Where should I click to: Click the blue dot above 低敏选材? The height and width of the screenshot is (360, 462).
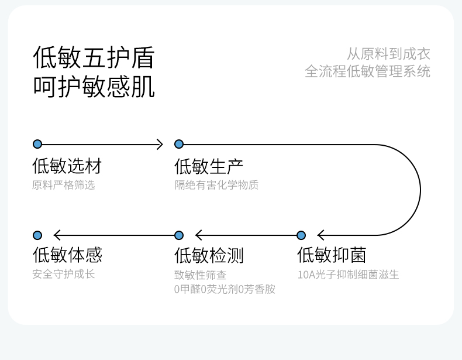click(37, 144)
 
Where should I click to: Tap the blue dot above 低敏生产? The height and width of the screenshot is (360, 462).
click(179, 144)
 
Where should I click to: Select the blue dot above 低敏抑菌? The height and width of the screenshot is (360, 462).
click(301, 235)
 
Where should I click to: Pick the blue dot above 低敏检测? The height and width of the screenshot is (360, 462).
click(179, 235)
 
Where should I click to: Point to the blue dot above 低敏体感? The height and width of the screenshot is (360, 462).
click(37, 235)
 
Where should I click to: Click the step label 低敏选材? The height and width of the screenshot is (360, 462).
click(67, 166)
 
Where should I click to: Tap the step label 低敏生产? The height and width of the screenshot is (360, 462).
click(209, 166)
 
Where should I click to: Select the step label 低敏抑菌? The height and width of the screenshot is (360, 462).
click(332, 255)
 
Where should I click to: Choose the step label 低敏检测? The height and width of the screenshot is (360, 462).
click(209, 255)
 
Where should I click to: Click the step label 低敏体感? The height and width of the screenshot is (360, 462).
click(67, 255)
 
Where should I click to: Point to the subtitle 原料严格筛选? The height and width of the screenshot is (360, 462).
click(64, 185)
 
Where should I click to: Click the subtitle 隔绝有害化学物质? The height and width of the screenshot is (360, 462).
click(216, 185)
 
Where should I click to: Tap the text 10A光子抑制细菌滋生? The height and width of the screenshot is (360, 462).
click(349, 275)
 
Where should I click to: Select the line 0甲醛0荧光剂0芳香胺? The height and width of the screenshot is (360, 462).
click(225, 289)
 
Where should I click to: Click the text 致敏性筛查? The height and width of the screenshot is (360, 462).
click(201, 275)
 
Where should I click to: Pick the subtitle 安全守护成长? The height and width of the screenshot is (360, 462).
click(64, 274)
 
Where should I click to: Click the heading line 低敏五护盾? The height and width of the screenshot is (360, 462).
click(94, 57)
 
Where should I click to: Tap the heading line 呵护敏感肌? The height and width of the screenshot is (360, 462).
click(94, 87)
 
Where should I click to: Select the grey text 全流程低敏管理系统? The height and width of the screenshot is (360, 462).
click(367, 71)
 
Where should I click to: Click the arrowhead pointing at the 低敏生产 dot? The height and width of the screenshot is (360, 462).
click(160, 144)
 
